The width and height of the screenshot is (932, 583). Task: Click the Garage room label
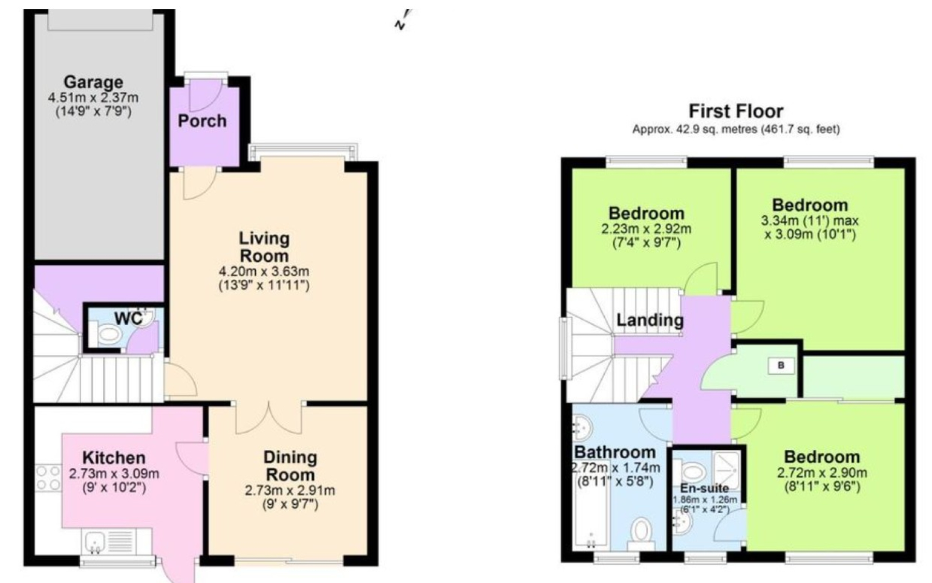[93, 82]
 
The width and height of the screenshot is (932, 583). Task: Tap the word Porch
[202, 121]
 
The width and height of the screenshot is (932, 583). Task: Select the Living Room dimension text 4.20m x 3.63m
[264, 271]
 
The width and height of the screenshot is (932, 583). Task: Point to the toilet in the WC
[107, 334]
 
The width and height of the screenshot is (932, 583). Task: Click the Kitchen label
[114, 458]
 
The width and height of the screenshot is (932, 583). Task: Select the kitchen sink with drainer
[109, 542]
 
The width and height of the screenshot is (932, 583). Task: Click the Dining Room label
[289, 466]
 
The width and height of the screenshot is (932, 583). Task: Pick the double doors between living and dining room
[269, 418]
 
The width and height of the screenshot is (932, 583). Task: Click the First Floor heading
[736, 111]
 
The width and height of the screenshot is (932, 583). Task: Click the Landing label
[650, 320]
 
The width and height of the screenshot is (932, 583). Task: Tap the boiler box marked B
[781, 365]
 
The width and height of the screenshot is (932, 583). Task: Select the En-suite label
[704, 488]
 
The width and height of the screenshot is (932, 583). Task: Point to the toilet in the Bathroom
[642, 534]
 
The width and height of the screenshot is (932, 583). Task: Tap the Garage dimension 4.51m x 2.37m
[93, 97]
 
